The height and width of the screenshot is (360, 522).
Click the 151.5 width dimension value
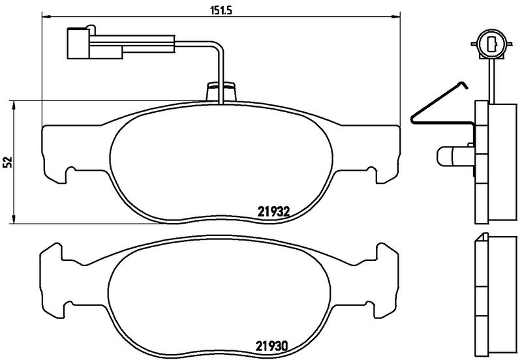tap(221, 10)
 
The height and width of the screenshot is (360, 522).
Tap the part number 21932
tap(273, 211)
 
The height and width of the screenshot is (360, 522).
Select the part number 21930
tap(271, 346)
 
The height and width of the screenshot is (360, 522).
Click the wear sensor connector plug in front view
tap(95, 43)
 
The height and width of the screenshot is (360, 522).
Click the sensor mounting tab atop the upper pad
tap(221, 92)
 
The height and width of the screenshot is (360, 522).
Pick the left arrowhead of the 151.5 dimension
tap(46, 16)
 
